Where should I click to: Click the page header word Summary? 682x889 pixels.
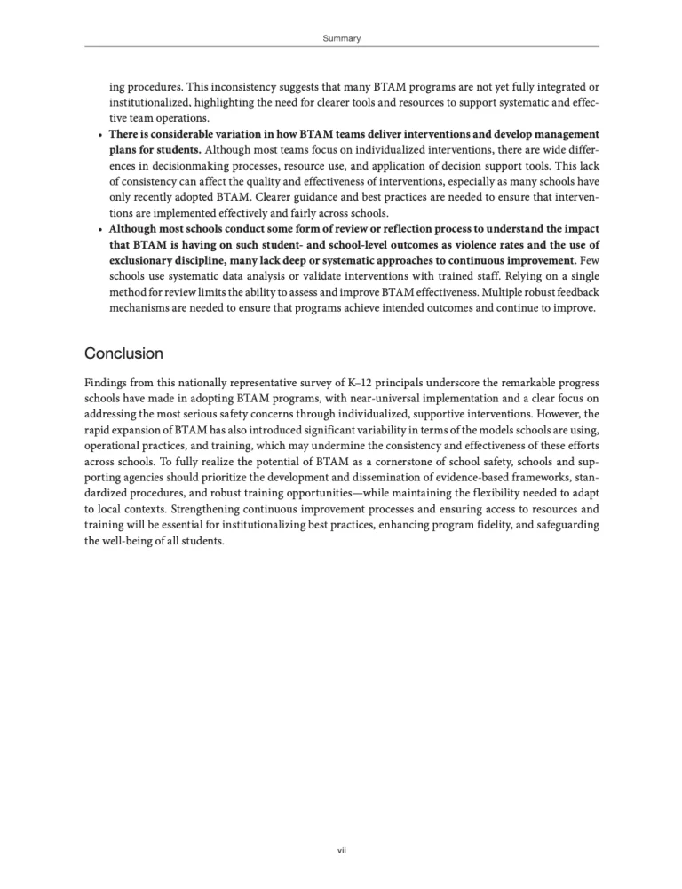[x=340, y=38]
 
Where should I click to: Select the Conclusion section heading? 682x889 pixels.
[x=123, y=353]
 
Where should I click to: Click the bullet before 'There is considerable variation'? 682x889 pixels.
[x=97, y=133]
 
